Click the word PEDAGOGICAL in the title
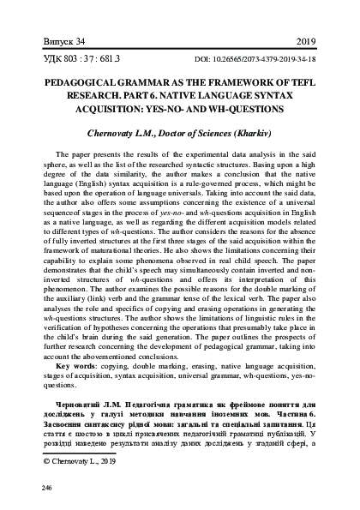coord(80,87)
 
